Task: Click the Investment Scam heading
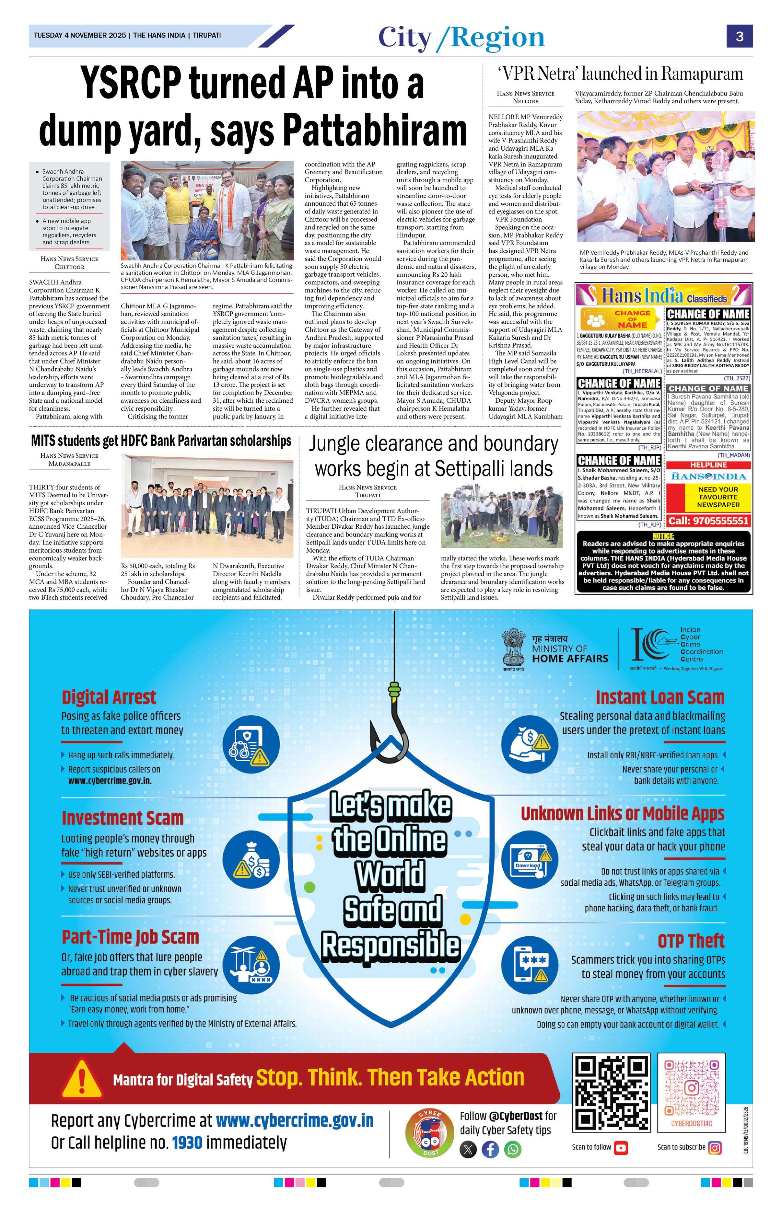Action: pos(122,818)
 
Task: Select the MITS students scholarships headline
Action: pos(161,441)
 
